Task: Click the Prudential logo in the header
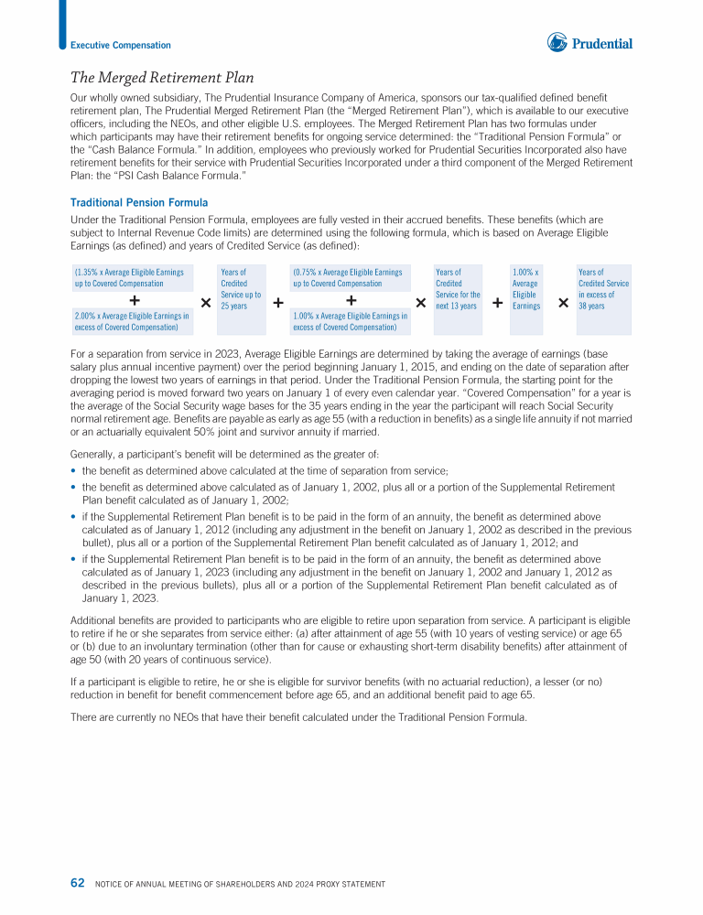[589, 42]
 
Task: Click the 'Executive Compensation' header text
[121, 46]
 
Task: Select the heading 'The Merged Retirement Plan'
[162, 78]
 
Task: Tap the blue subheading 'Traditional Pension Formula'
[139, 202]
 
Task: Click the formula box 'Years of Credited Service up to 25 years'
[241, 289]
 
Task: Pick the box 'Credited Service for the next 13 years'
[457, 289]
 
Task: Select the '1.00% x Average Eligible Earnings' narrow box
[526, 289]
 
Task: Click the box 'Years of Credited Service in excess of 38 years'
[603, 289]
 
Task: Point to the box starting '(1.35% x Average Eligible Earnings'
[131, 278]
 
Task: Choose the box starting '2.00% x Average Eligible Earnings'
[131, 321]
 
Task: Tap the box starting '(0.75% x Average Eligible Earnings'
[350, 278]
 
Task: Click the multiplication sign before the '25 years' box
[205, 302]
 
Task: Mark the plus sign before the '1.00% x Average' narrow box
[497, 302]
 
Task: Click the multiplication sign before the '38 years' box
[562, 302]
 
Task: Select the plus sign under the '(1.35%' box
[135, 300]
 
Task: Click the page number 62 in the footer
[78, 883]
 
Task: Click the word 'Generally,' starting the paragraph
[92, 454]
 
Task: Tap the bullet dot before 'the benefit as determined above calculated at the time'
[73, 471]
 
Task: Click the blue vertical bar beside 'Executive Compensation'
[62, 24]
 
